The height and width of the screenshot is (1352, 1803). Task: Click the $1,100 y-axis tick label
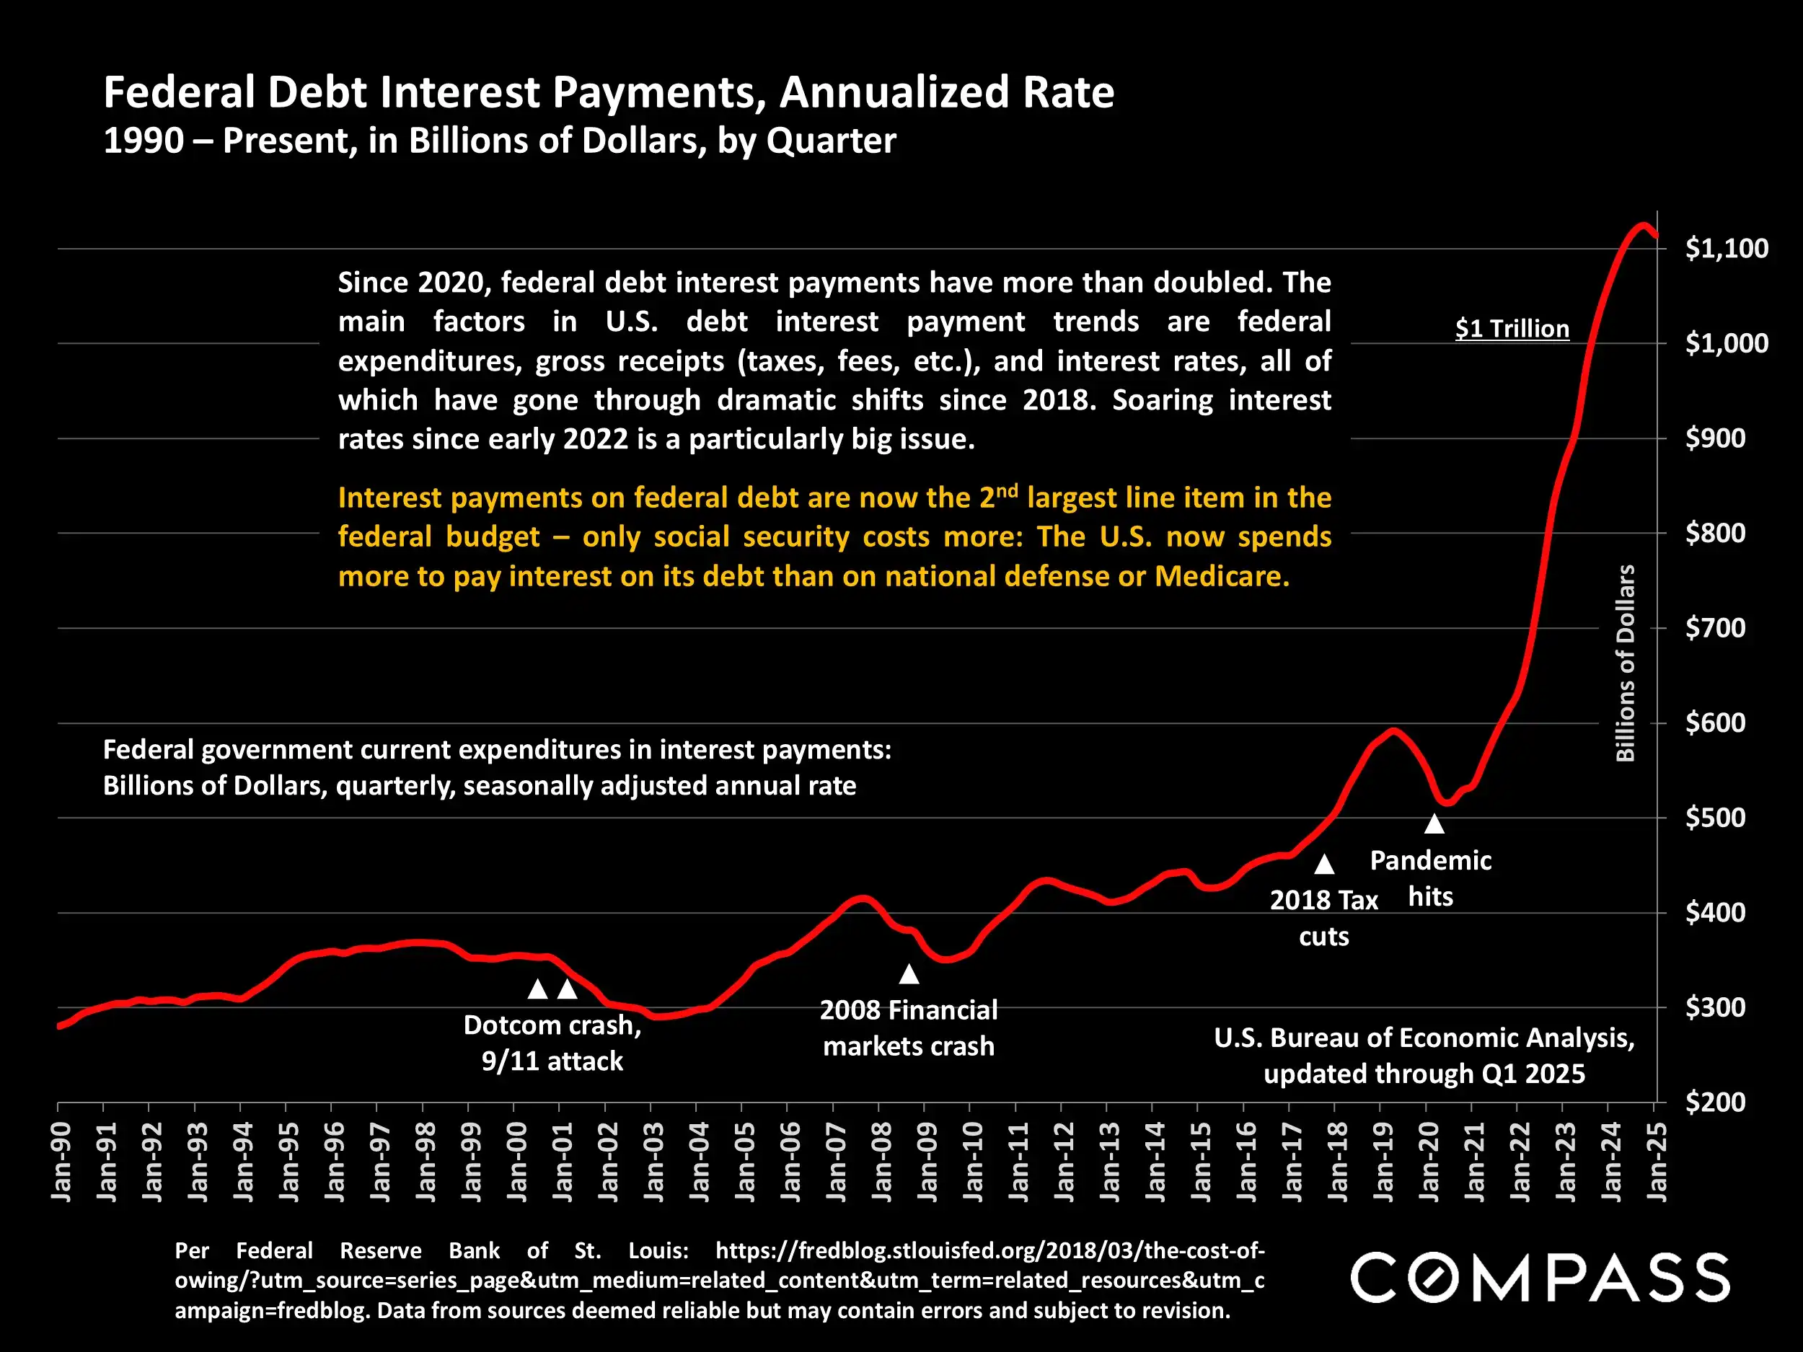pyautogui.click(x=1727, y=249)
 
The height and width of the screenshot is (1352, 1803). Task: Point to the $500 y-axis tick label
pyautogui.click(x=1716, y=818)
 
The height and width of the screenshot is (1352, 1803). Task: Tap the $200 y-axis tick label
pyautogui.click(x=1716, y=1102)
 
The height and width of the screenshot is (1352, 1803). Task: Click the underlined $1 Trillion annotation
pyautogui.click(x=1512, y=328)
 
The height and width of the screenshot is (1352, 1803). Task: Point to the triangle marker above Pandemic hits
pyautogui.click(x=1434, y=824)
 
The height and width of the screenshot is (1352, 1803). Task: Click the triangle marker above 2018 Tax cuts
pyautogui.click(x=1325, y=864)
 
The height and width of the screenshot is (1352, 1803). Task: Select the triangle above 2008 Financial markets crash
pyautogui.click(x=909, y=974)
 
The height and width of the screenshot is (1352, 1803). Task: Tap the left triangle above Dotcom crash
pyautogui.click(x=537, y=989)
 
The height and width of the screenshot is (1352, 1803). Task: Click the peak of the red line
pyautogui.click(x=1642, y=226)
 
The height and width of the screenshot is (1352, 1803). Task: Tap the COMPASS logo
pyautogui.click(x=1539, y=1278)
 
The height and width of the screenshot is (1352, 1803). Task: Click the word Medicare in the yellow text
pyautogui.click(x=1221, y=576)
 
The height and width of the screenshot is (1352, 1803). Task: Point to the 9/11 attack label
pyautogui.click(x=552, y=1061)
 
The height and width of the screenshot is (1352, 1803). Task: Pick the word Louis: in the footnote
pyautogui.click(x=658, y=1250)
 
